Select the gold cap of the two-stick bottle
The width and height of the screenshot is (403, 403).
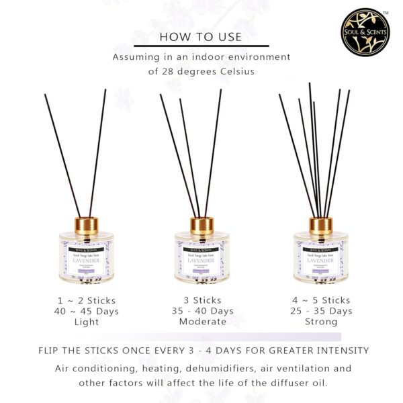coord(75,222)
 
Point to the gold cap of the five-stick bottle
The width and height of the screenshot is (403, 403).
coord(320,222)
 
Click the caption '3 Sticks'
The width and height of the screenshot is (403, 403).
coord(201,299)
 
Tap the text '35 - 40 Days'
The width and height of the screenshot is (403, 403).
coord(201,310)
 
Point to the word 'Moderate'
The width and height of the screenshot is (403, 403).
coord(201,322)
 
